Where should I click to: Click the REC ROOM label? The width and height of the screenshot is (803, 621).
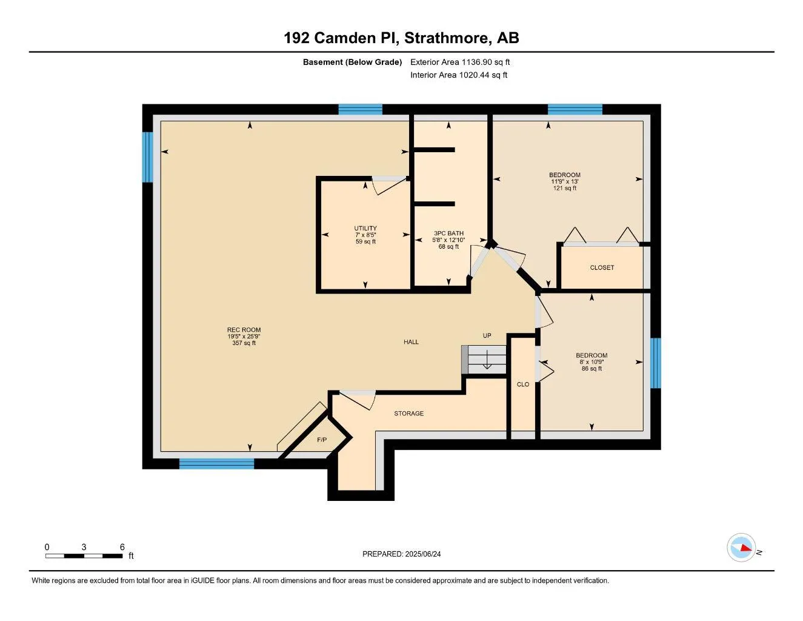244,331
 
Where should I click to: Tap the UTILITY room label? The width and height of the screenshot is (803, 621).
365,229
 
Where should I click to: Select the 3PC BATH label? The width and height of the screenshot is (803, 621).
448,233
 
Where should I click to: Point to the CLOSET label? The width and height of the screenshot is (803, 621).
602,267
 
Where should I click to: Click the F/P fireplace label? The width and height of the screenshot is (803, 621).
322,440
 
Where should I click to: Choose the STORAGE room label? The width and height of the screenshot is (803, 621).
408,414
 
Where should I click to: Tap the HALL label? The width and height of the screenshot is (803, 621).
411,342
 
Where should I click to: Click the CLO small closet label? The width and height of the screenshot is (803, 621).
523,384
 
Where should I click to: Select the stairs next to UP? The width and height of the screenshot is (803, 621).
485,360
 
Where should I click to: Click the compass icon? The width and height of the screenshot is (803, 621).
741,548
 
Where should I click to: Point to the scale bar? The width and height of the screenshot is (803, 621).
84,556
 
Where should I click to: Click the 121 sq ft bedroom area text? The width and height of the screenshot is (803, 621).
565,188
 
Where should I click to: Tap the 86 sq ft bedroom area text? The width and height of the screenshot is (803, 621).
591,369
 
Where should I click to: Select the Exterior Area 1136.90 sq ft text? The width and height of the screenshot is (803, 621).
460,62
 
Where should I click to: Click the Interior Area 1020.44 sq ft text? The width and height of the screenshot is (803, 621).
459,75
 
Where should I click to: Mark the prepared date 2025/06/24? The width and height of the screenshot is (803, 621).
423,554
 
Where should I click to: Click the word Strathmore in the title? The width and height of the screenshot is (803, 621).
447,38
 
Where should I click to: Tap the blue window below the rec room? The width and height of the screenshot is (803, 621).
216,464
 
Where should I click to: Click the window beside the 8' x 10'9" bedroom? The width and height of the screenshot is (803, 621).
655,363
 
